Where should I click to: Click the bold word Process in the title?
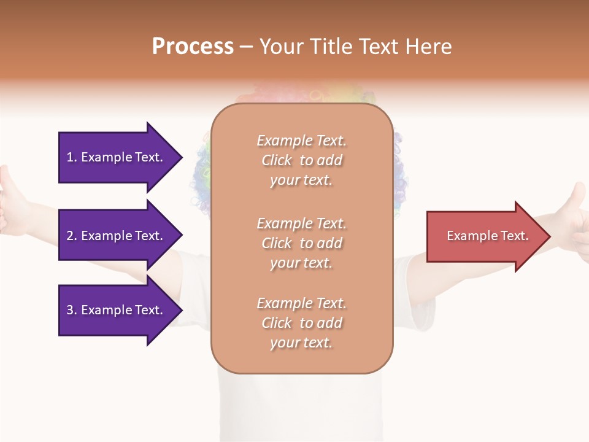[x=193, y=47]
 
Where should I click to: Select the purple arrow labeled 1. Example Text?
[x=117, y=157]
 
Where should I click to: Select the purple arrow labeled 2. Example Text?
[x=117, y=236]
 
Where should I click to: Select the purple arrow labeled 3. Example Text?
[x=117, y=310]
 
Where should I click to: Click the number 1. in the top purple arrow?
[x=71, y=157]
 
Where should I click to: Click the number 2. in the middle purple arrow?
[x=71, y=236]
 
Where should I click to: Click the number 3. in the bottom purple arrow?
[x=71, y=310]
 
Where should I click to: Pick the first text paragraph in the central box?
[x=301, y=160]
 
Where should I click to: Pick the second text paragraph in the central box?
[x=301, y=243]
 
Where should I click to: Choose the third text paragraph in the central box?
[x=301, y=323]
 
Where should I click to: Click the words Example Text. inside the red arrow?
[x=487, y=236]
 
